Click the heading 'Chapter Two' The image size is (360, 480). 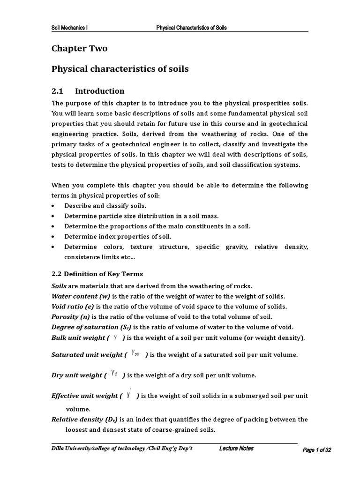coord(79,48)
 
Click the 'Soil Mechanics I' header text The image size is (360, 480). coord(69,28)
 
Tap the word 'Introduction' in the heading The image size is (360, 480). coord(100,91)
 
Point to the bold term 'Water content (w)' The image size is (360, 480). coord(80,296)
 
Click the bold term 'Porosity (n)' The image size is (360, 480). coord(71,317)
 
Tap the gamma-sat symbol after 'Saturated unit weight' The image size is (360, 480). coord(136,353)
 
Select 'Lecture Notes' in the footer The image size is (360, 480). coord(236,449)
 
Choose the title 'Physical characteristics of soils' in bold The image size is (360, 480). coord(120,69)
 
